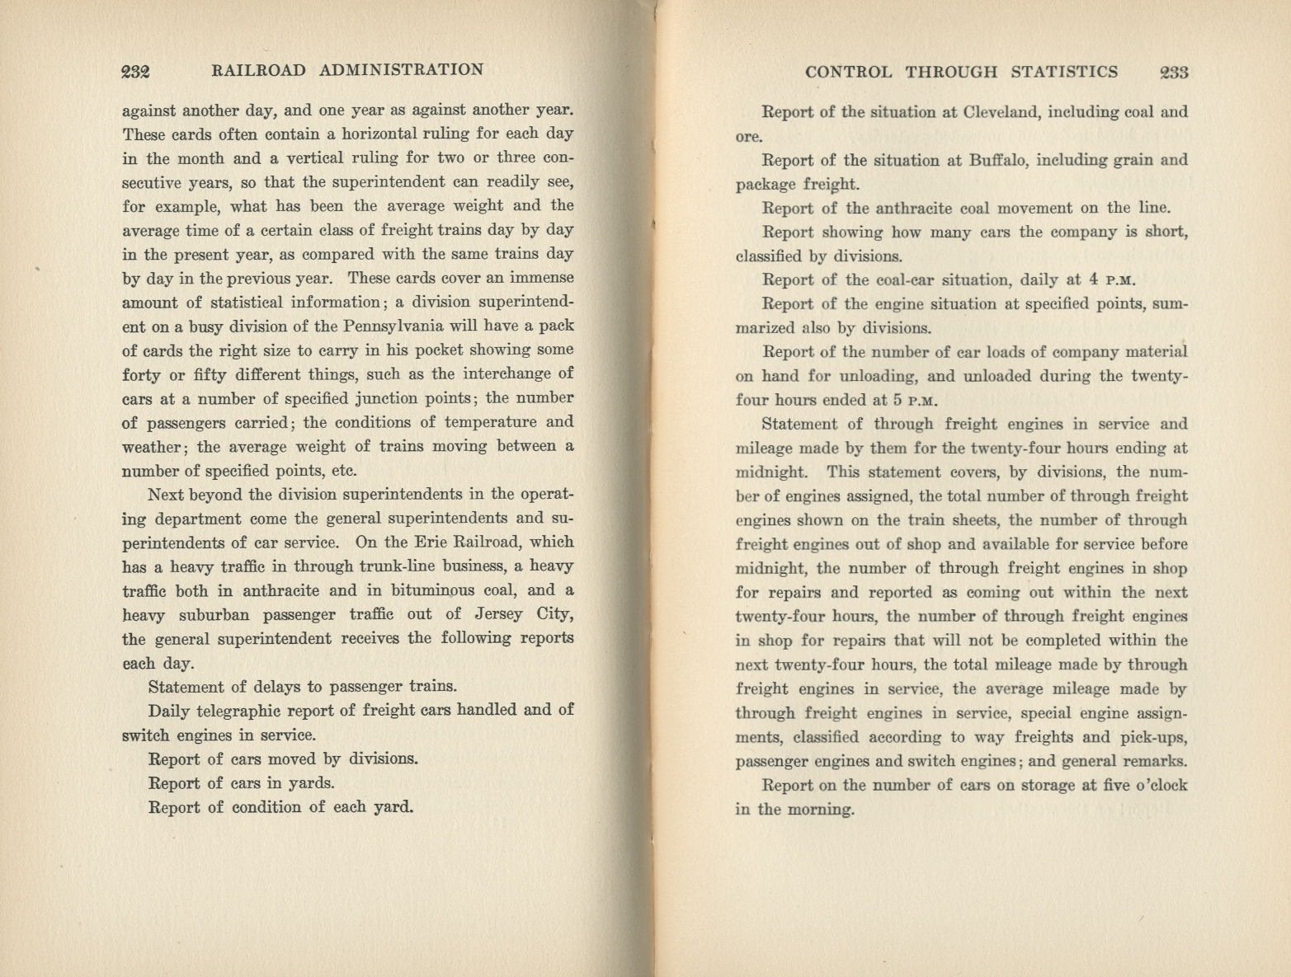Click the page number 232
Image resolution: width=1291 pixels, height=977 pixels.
134,71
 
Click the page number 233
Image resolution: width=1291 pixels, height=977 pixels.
1173,73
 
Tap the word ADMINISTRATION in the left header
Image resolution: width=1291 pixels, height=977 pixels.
401,70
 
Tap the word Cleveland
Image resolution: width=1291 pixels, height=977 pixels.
995,112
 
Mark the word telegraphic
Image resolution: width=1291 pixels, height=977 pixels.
246,711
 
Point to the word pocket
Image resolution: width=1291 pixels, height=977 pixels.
433,350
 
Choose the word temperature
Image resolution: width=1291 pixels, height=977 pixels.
493,422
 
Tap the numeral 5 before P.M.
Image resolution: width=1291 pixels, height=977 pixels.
896,401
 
